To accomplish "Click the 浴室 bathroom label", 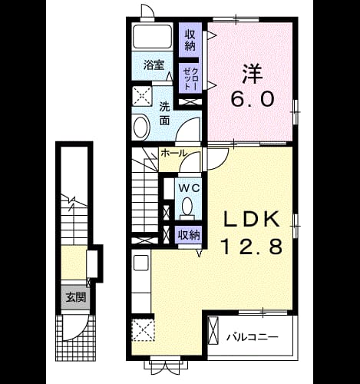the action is tap(154, 65).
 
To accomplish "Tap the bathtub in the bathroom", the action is tap(153, 36).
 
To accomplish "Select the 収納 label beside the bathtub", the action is tap(190, 40).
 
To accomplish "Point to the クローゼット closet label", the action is tap(190, 78).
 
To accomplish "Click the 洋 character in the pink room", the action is tap(253, 74).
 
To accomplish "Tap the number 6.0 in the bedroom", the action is tap(253, 99).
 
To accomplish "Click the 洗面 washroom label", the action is tap(165, 114).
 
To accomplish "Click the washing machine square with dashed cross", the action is tap(142, 97).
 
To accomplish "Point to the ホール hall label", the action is tap(173, 153).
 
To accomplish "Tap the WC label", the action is tap(189, 189).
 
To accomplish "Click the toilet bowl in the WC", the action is tap(187, 206).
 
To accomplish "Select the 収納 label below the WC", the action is tap(189, 235).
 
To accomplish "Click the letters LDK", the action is tap(252, 220).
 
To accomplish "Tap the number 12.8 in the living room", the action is tap(253, 247).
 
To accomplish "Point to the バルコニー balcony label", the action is tap(253, 337).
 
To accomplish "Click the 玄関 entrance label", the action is tap(76, 297).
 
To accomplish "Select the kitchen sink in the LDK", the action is tap(141, 263).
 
